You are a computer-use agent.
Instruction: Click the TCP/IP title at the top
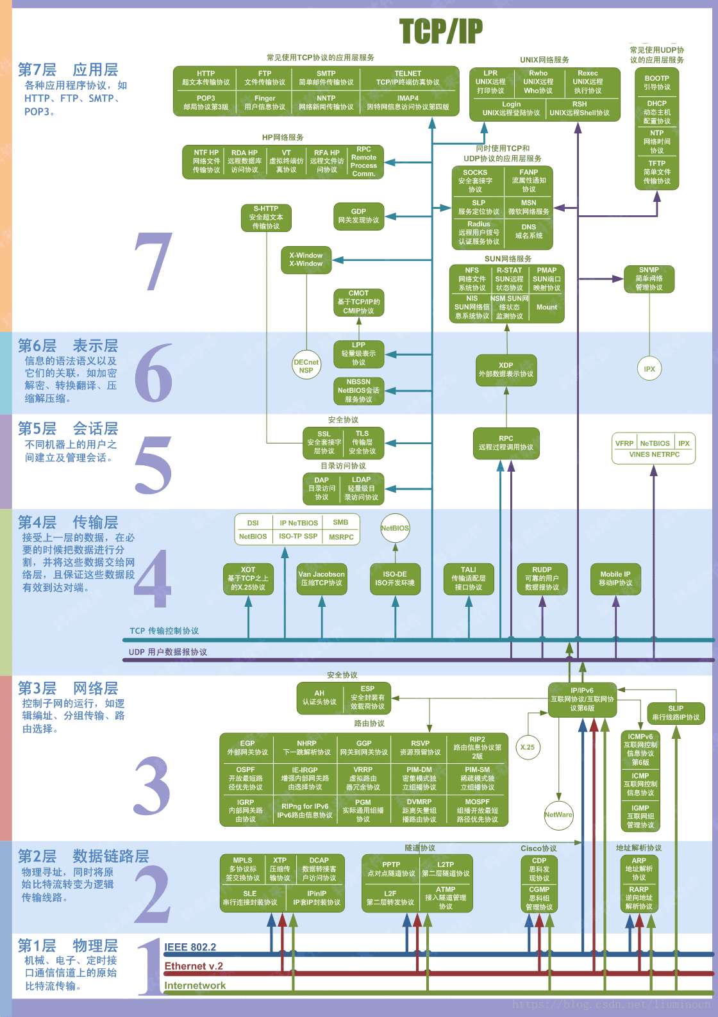pos(441,31)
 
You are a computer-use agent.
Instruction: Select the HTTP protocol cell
pos(206,78)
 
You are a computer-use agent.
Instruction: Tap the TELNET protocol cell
pos(408,78)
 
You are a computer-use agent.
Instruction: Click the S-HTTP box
pos(266,217)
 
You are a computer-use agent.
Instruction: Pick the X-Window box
pos(306,260)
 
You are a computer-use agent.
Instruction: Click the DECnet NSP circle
pos(306,366)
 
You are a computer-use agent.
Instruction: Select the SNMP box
pos(649,279)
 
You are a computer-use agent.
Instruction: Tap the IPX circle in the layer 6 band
pos(649,369)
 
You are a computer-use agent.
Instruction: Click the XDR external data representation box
pos(506,370)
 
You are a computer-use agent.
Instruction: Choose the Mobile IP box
pos(615,579)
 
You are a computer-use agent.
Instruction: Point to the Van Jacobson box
pos(321,579)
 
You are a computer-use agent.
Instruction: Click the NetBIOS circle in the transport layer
pos(395,528)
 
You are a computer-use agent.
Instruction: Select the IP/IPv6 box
pos(582,699)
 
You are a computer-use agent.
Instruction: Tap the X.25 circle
pos(528,747)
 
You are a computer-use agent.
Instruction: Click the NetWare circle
pos(558,815)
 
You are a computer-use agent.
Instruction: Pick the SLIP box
pos(676,713)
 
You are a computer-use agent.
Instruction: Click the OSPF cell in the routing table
pos(246,778)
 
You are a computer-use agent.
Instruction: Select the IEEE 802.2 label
pos(190,947)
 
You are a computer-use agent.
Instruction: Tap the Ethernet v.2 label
pos(194,966)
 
